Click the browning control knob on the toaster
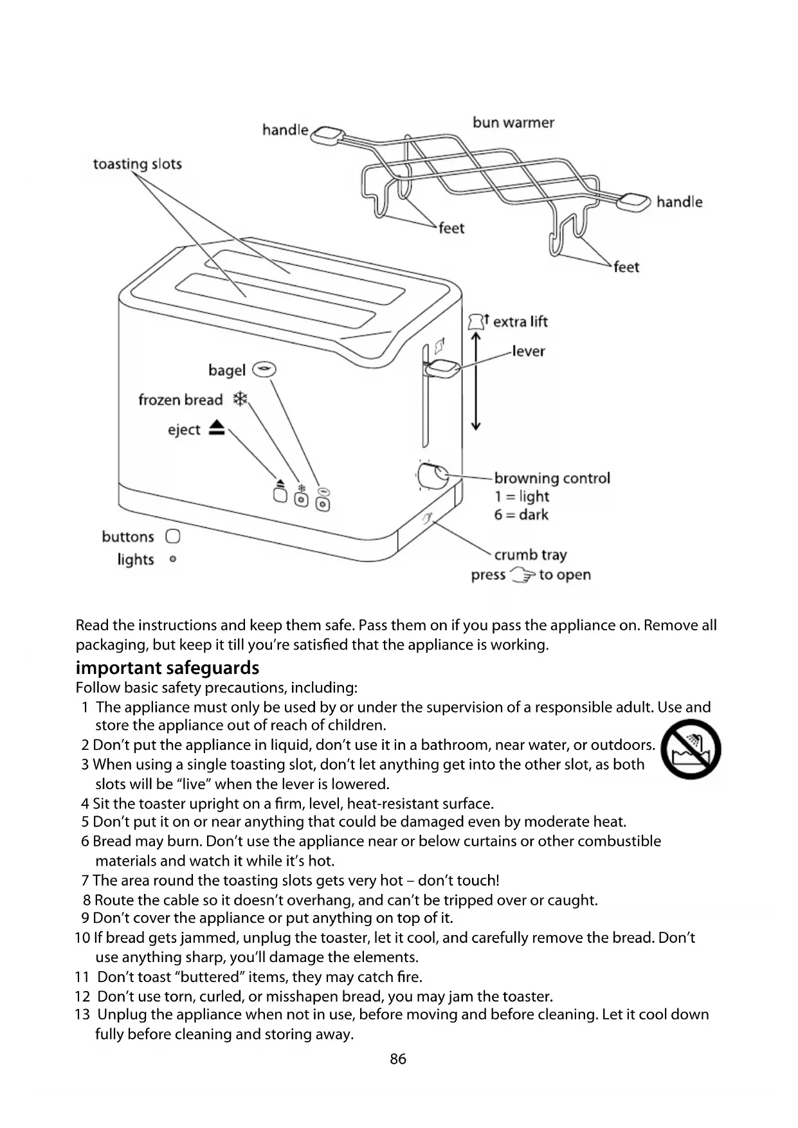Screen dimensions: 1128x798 point(432,477)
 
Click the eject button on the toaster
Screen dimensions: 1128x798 point(280,495)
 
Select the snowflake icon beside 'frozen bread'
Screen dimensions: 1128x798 point(240,399)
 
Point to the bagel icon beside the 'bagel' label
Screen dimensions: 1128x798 point(264,369)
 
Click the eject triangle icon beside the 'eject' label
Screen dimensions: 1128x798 point(217,428)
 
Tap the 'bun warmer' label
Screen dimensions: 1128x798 point(513,123)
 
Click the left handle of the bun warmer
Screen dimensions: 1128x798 point(329,135)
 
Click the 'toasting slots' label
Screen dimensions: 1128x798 point(138,164)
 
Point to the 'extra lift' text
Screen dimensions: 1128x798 point(520,322)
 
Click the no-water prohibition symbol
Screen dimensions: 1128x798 point(691,749)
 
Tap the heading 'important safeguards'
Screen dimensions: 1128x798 point(167,668)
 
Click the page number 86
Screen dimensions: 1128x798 point(398,1059)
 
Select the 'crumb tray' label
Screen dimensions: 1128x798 point(530,554)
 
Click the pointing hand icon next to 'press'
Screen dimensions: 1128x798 point(522,575)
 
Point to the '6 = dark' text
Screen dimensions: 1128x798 point(521,514)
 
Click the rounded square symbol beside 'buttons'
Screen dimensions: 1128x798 point(172,536)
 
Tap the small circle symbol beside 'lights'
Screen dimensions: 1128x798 point(172,559)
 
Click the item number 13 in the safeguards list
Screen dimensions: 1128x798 point(82,1014)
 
